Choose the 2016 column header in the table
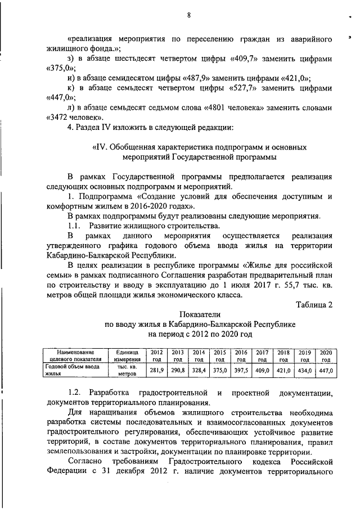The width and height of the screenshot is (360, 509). coord(241,355)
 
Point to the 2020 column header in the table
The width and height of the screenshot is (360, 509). coord(327,355)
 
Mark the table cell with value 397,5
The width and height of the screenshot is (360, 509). coord(241,371)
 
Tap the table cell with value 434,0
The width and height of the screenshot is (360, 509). coord(305,371)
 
